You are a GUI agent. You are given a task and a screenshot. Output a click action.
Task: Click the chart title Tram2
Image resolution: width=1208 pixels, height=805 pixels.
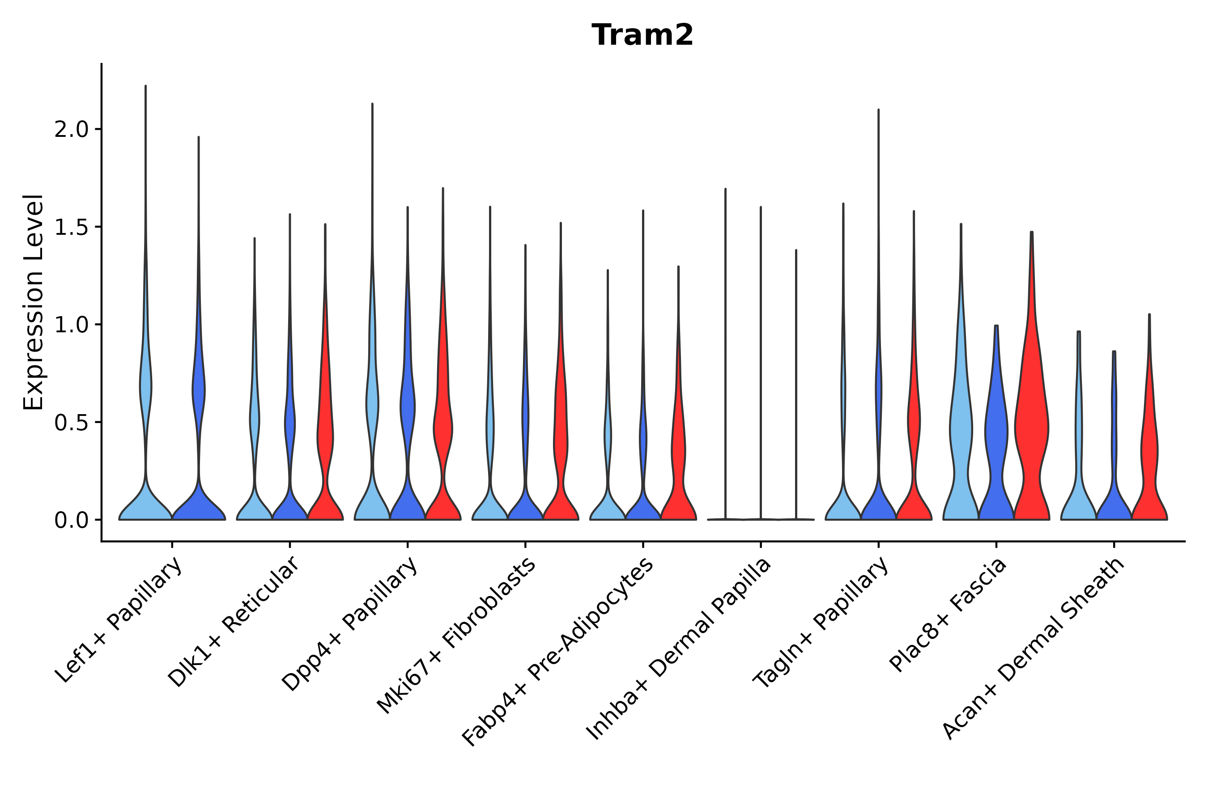pos(642,35)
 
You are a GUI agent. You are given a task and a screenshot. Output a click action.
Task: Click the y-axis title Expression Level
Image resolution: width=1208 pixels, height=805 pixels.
pos(34,302)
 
